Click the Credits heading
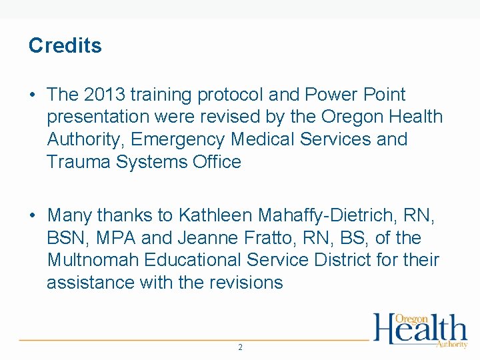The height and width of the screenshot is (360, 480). click(65, 45)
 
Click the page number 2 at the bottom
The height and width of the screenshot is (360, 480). click(240, 347)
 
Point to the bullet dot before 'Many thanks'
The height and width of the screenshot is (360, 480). click(33, 216)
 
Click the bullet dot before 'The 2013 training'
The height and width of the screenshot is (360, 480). click(33, 95)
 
